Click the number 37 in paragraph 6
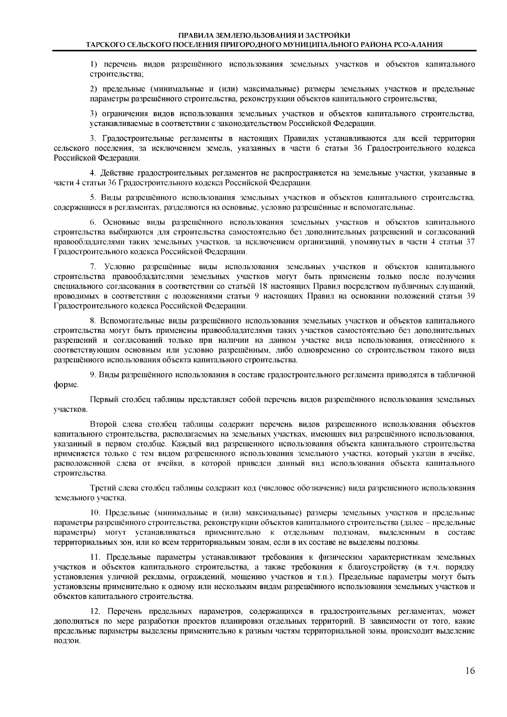[x=470, y=242]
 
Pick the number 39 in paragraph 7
[x=470, y=296]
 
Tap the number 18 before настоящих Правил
[x=265, y=286]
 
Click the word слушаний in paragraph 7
[x=459, y=286]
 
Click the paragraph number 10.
[x=96, y=513]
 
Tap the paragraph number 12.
[x=96, y=611]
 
